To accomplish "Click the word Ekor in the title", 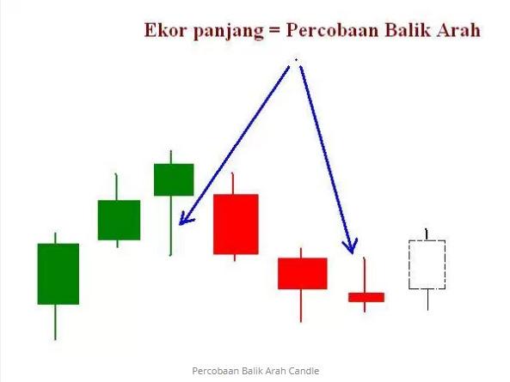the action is (x=165, y=30).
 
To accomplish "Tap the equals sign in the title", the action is (x=274, y=31).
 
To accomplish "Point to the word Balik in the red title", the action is (x=406, y=30).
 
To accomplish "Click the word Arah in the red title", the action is (x=458, y=30).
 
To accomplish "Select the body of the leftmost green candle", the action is (x=58, y=274).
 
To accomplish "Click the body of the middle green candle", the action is (x=119, y=220).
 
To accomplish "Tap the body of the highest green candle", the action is (x=174, y=179).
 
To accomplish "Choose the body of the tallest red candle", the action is (x=236, y=224).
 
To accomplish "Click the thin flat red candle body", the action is (x=366, y=297).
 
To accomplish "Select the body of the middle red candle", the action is (x=303, y=273).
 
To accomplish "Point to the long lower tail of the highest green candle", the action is (x=170, y=226).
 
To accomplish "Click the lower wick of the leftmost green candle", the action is (x=55, y=322).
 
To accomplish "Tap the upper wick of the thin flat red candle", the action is (x=365, y=275).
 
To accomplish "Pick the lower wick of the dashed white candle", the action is (x=427, y=300).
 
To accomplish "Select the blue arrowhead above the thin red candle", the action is (x=351, y=247).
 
